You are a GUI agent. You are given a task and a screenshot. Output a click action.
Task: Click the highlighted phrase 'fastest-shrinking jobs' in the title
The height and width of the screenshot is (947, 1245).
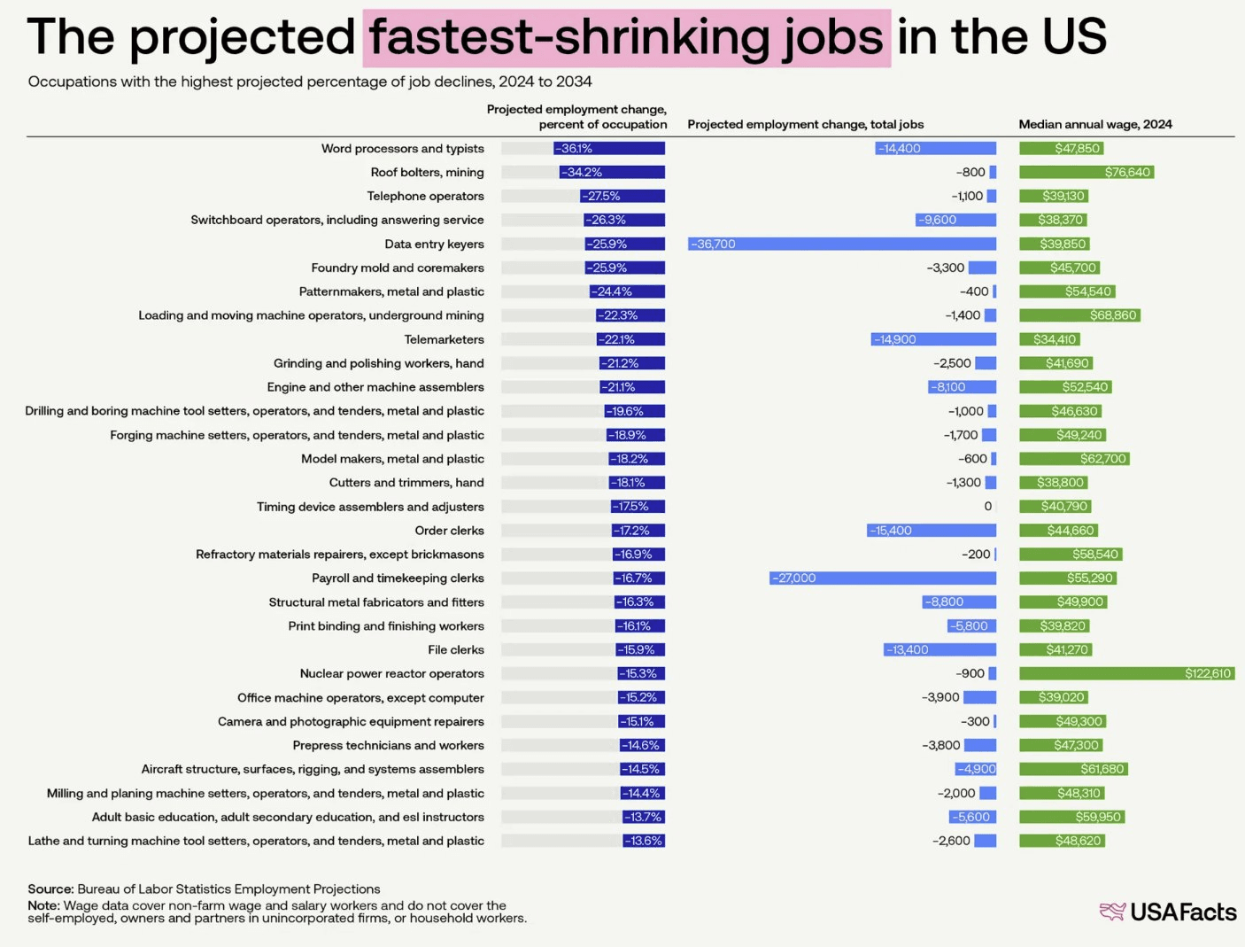click(x=626, y=38)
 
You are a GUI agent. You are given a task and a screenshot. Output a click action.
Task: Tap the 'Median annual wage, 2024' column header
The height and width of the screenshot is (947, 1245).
click(x=1094, y=124)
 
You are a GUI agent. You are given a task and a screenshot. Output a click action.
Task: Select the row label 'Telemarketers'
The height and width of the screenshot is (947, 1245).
click(x=444, y=339)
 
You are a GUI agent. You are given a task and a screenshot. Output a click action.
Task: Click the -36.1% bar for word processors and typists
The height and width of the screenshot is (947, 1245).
click(x=608, y=149)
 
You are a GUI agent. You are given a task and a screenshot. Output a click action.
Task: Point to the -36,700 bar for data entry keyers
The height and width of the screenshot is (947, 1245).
click(x=841, y=244)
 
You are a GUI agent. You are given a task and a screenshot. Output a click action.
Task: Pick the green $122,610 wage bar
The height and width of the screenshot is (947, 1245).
click(x=1126, y=673)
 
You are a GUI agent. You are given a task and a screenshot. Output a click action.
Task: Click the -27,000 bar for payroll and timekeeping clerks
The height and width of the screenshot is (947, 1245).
click(x=882, y=578)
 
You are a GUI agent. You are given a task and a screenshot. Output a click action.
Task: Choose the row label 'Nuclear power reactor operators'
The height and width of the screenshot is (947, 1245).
click(x=391, y=673)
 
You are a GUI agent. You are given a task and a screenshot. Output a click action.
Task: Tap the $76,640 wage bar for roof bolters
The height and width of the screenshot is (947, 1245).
click(x=1086, y=172)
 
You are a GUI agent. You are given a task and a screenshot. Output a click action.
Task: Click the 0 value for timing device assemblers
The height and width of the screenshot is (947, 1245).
click(x=988, y=506)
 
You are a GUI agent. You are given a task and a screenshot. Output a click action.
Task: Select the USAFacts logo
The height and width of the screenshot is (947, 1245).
click(x=1168, y=912)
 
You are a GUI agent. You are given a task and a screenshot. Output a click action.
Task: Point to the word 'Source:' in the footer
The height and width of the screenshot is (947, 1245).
click(x=50, y=889)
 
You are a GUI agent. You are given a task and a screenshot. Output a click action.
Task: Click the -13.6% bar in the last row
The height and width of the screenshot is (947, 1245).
click(x=644, y=841)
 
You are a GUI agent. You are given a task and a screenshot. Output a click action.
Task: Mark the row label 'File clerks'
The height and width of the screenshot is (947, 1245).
click(x=455, y=649)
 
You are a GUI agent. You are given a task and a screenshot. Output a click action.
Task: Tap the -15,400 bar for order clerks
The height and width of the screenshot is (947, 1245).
click(x=931, y=530)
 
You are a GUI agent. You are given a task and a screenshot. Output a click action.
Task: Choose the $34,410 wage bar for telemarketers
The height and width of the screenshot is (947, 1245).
click(x=1049, y=339)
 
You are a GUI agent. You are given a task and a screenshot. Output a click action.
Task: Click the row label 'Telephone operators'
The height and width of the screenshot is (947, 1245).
click(x=425, y=196)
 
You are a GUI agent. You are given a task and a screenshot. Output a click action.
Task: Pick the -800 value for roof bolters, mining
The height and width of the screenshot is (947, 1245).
click(x=970, y=172)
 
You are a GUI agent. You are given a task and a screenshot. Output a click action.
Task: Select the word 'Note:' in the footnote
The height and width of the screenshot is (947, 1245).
click(x=43, y=905)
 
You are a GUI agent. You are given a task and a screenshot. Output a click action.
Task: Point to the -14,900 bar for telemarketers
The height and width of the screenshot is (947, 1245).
click(x=933, y=339)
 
